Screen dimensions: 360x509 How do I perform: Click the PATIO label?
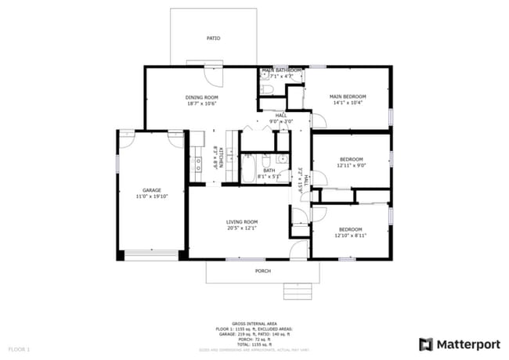213,38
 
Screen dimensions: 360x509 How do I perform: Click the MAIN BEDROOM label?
348,96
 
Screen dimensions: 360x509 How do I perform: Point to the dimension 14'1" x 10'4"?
348,103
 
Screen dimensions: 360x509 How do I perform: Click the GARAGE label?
151,190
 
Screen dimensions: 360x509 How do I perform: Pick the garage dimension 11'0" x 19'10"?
151,196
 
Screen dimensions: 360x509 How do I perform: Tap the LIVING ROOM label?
241,222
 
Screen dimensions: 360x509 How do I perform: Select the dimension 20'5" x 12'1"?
241,229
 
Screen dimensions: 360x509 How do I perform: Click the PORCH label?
263,272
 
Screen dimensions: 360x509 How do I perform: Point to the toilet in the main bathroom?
266,91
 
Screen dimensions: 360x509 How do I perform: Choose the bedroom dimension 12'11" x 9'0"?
351,165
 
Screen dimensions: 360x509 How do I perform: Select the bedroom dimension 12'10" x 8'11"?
351,236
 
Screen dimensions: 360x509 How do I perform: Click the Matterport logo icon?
426,344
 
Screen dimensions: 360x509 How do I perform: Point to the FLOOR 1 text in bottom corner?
19,347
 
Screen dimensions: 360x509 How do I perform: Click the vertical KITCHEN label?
221,158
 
